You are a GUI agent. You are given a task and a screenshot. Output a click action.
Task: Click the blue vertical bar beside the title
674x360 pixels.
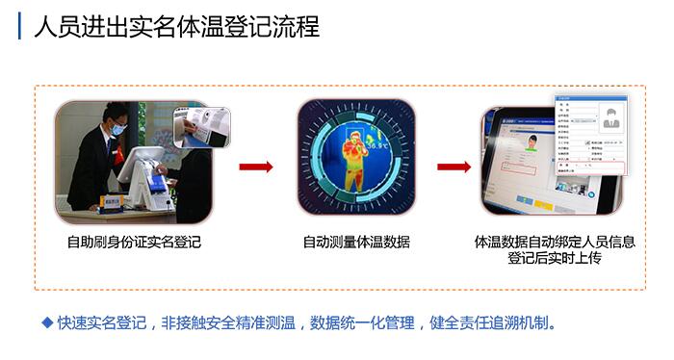coord(20,26)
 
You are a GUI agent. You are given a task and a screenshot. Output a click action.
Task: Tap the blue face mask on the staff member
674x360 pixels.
coord(116,127)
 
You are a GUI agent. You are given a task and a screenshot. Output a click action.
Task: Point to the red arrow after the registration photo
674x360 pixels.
coord(256,167)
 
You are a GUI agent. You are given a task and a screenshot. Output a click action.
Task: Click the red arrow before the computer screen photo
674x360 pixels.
coord(454,167)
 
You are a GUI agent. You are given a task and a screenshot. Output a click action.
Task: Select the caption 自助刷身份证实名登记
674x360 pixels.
coord(134,242)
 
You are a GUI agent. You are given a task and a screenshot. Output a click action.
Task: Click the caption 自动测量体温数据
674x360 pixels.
coord(356,242)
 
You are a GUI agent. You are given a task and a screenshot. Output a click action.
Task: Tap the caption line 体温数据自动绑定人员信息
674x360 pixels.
coord(555,242)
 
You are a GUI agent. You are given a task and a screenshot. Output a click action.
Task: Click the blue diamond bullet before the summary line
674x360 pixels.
coord(46,321)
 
